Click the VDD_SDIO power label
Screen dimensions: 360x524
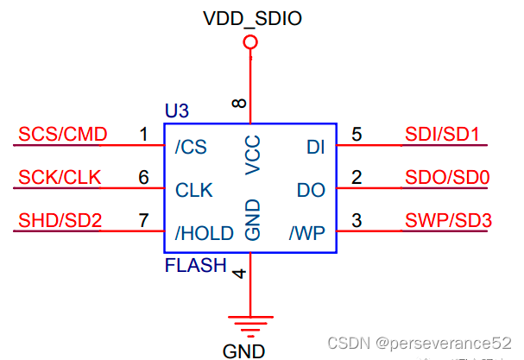click(250, 17)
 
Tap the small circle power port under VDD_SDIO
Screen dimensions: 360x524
click(250, 42)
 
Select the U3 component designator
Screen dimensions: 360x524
click(176, 111)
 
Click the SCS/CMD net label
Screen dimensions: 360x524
click(62, 134)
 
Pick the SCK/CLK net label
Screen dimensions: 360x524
click(60, 178)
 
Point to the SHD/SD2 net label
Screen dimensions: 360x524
click(60, 221)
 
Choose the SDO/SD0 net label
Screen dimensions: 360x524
click(447, 178)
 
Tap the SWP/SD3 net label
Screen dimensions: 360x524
click(448, 221)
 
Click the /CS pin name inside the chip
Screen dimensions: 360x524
click(191, 147)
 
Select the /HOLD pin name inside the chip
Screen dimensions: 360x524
click(204, 233)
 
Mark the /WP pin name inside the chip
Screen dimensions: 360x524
click(306, 233)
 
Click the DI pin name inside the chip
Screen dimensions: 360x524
click(315, 147)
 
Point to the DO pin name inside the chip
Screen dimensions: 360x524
click(310, 190)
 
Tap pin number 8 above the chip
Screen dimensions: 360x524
click(239, 104)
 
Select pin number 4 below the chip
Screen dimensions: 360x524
click(239, 274)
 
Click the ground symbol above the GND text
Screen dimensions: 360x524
click(250, 325)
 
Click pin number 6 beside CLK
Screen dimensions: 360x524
click(144, 178)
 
